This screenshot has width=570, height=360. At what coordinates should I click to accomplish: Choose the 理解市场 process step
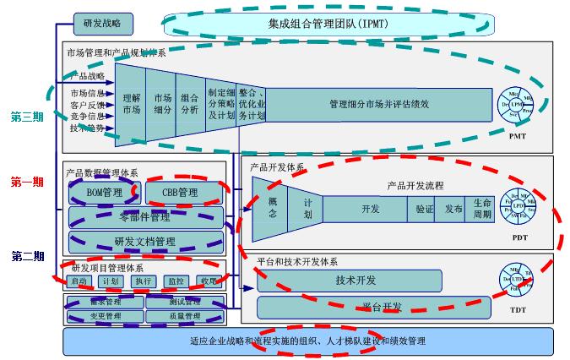coord(131,103)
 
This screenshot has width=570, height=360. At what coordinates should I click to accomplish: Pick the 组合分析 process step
coord(189,103)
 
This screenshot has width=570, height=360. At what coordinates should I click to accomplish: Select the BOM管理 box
coord(104,194)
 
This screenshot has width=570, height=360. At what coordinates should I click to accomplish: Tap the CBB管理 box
coord(179,194)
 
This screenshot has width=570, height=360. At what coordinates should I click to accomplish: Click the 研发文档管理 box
coord(145,242)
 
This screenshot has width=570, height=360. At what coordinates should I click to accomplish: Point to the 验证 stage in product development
coord(424,209)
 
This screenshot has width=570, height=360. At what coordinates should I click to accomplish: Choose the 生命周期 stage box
coord(481,209)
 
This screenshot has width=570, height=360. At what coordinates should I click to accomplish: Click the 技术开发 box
coord(356,280)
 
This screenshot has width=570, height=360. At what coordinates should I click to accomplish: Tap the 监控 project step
coord(176,281)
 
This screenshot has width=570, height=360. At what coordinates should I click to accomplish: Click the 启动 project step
coord(79,281)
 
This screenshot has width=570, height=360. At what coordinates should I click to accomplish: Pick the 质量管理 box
coord(185,316)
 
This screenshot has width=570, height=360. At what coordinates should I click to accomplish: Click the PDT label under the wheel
coord(519,238)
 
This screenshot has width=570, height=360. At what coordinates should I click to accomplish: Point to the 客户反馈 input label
coord(87,105)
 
